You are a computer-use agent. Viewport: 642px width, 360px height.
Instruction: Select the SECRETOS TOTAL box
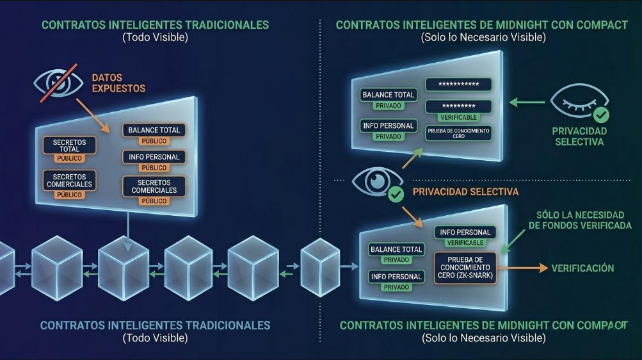(x=70, y=145)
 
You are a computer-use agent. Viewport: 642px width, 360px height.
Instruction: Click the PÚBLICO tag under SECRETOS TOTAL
(x=70, y=158)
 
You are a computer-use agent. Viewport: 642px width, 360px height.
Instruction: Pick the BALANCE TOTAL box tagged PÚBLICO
(x=154, y=130)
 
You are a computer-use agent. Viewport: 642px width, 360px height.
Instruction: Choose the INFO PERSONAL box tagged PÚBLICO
(x=154, y=157)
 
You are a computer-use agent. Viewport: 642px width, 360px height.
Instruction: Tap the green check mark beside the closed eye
(x=601, y=115)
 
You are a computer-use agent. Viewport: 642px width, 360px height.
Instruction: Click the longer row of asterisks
(x=458, y=85)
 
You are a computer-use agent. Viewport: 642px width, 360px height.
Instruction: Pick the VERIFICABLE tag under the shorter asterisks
(x=458, y=118)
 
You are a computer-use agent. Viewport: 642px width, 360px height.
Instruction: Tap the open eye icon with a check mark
(x=377, y=181)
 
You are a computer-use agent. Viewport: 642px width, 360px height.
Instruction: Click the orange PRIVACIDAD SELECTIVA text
(x=465, y=192)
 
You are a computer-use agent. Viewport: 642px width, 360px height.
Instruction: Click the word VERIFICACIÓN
(x=582, y=268)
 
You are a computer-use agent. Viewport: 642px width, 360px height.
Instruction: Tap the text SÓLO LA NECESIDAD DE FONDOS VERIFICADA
(x=580, y=220)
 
